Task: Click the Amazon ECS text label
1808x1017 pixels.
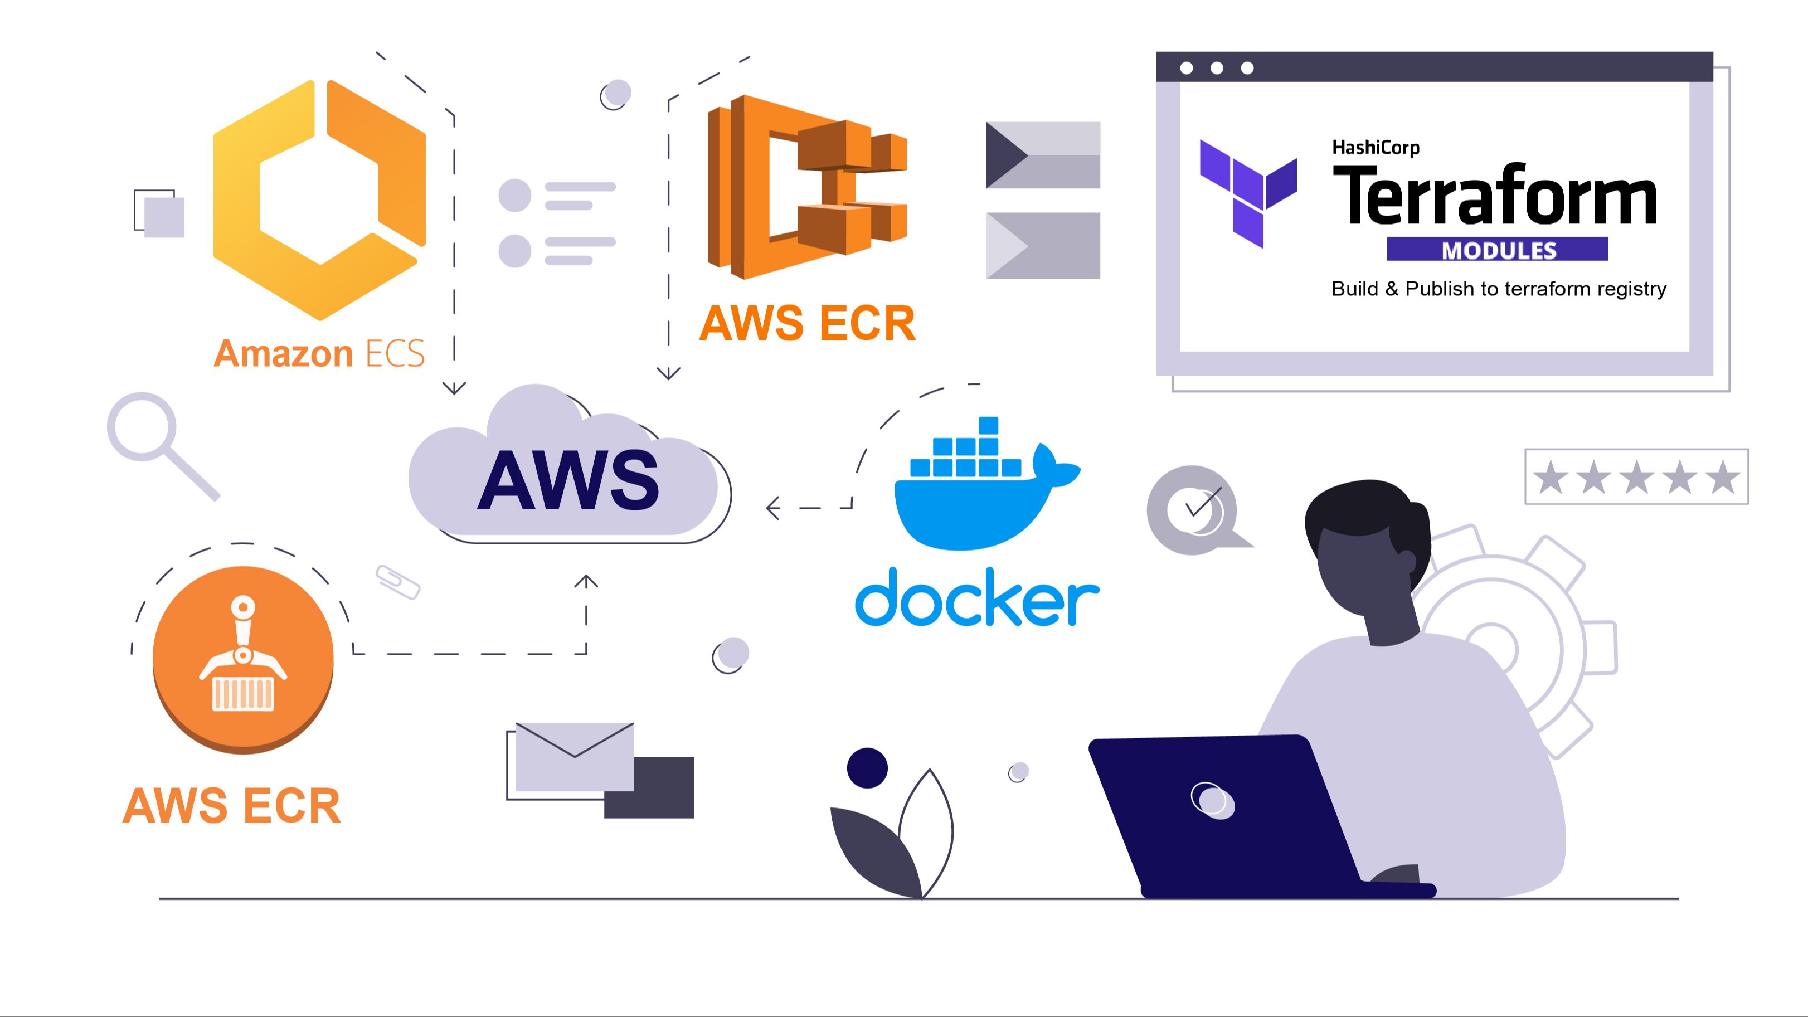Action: click(x=319, y=353)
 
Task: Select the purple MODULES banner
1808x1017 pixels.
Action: click(x=1497, y=250)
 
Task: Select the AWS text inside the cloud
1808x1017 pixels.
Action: click(x=568, y=481)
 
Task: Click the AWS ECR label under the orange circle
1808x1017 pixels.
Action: click(x=232, y=805)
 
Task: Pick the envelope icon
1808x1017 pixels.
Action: click(x=574, y=755)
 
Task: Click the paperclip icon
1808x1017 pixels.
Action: click(x=398, y=582)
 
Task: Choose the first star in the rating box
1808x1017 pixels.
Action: click(x=1551, y=477)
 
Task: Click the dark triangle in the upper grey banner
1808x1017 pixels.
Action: click(x=1005, y=154)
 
